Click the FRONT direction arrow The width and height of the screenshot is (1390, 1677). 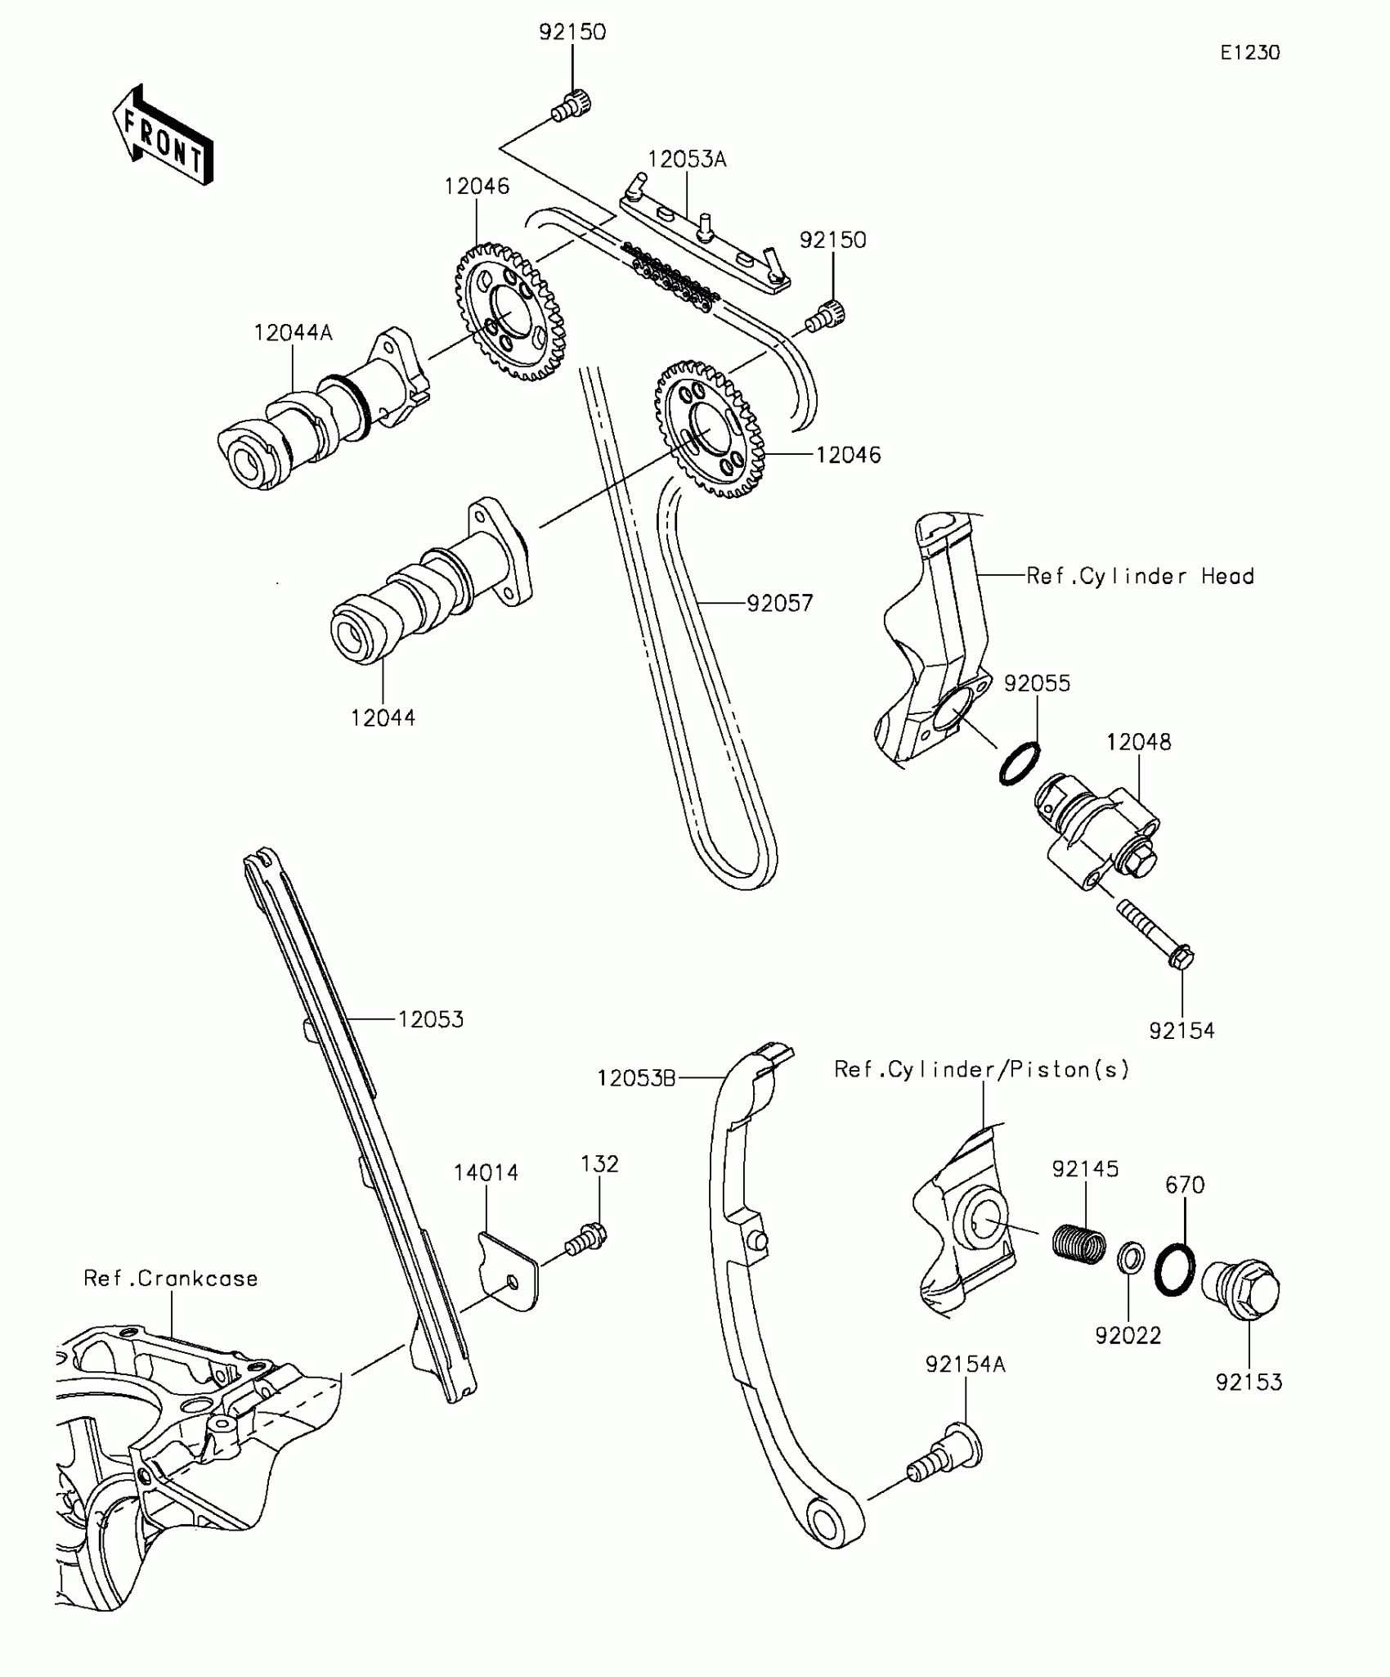pyautogui.click(x=164, y=135)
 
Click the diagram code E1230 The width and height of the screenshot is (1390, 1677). pyautogui.click(x=1250, y=53)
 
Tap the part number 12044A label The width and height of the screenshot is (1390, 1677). pyautogui.click(x=293, y=333)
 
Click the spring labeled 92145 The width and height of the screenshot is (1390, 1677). pyautogui.click(x=1078, y=1252)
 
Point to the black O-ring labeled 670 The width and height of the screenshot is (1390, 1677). pyautogui.click(x=1175, y=1270)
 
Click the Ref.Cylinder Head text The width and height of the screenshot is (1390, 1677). pyautogui.click(x=1140, y=577)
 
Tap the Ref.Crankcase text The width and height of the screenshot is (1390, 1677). pyautogui.click(x=171, y=1279)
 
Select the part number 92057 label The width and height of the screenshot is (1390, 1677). pyautogui.click(x=780, y=604)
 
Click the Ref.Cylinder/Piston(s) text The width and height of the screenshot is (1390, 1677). pyautogui.click(x=981, y=1070)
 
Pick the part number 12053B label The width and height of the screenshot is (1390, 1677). pyautogui.click(x=636, y=1079)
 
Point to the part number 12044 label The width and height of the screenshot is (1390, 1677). pyautogui.click(x=383, y=718)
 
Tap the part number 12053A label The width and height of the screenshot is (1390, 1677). pyautogui.click(x=687, y=160)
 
